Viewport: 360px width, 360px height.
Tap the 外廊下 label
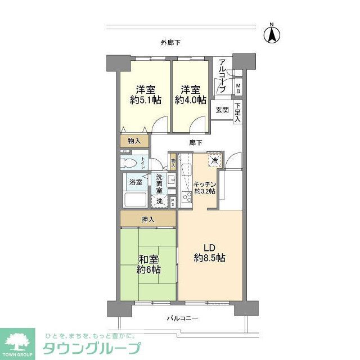tap(170, 42)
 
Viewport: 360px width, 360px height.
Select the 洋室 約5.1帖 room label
tap(145, 95)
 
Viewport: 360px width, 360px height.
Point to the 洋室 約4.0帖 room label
tap(190, 95)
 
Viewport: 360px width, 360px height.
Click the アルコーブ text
tap(222, 76)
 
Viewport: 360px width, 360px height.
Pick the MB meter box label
tap(238, 88)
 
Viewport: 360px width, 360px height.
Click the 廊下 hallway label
tap(195, 142)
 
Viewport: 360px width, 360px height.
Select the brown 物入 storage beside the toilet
tap(134, 141)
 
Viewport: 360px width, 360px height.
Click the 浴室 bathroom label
tap(136, 182)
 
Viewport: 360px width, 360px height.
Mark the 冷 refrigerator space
tap(214, 161)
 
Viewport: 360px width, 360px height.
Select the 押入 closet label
tap(148, 219)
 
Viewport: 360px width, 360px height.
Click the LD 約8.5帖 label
tap(210, 253)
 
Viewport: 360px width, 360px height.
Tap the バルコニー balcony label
tap(182, 318)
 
